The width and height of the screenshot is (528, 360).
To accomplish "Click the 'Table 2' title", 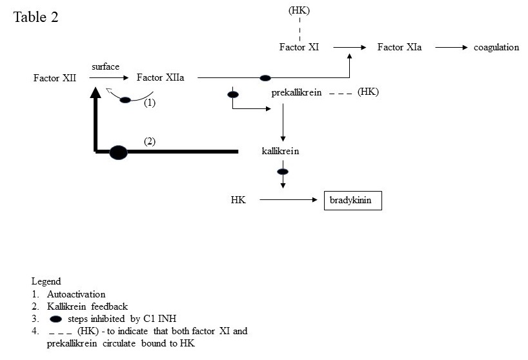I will pos(36,17).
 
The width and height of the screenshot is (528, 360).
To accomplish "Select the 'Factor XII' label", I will pos(55,78).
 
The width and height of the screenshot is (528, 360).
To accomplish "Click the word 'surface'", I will pos(105,66).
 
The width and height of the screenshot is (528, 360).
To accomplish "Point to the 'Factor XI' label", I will pos(299,47).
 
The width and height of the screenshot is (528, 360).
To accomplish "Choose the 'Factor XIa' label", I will pos(400,47).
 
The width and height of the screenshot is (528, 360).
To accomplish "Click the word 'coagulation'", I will pos(496,47).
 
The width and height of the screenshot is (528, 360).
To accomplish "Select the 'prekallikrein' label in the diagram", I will pos(297,93).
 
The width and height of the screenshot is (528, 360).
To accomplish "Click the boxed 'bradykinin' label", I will pos(352,201).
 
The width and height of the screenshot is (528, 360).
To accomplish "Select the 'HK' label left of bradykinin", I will pos(238,201).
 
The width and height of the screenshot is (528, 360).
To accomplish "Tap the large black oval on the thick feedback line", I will pos(118,152).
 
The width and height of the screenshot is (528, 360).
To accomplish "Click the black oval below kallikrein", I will pos(283,172).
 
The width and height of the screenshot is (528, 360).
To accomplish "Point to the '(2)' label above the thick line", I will pos(150,141).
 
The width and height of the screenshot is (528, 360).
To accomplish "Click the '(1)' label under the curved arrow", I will pos(150,103).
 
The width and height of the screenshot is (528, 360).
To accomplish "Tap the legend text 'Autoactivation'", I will pos(76,294).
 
